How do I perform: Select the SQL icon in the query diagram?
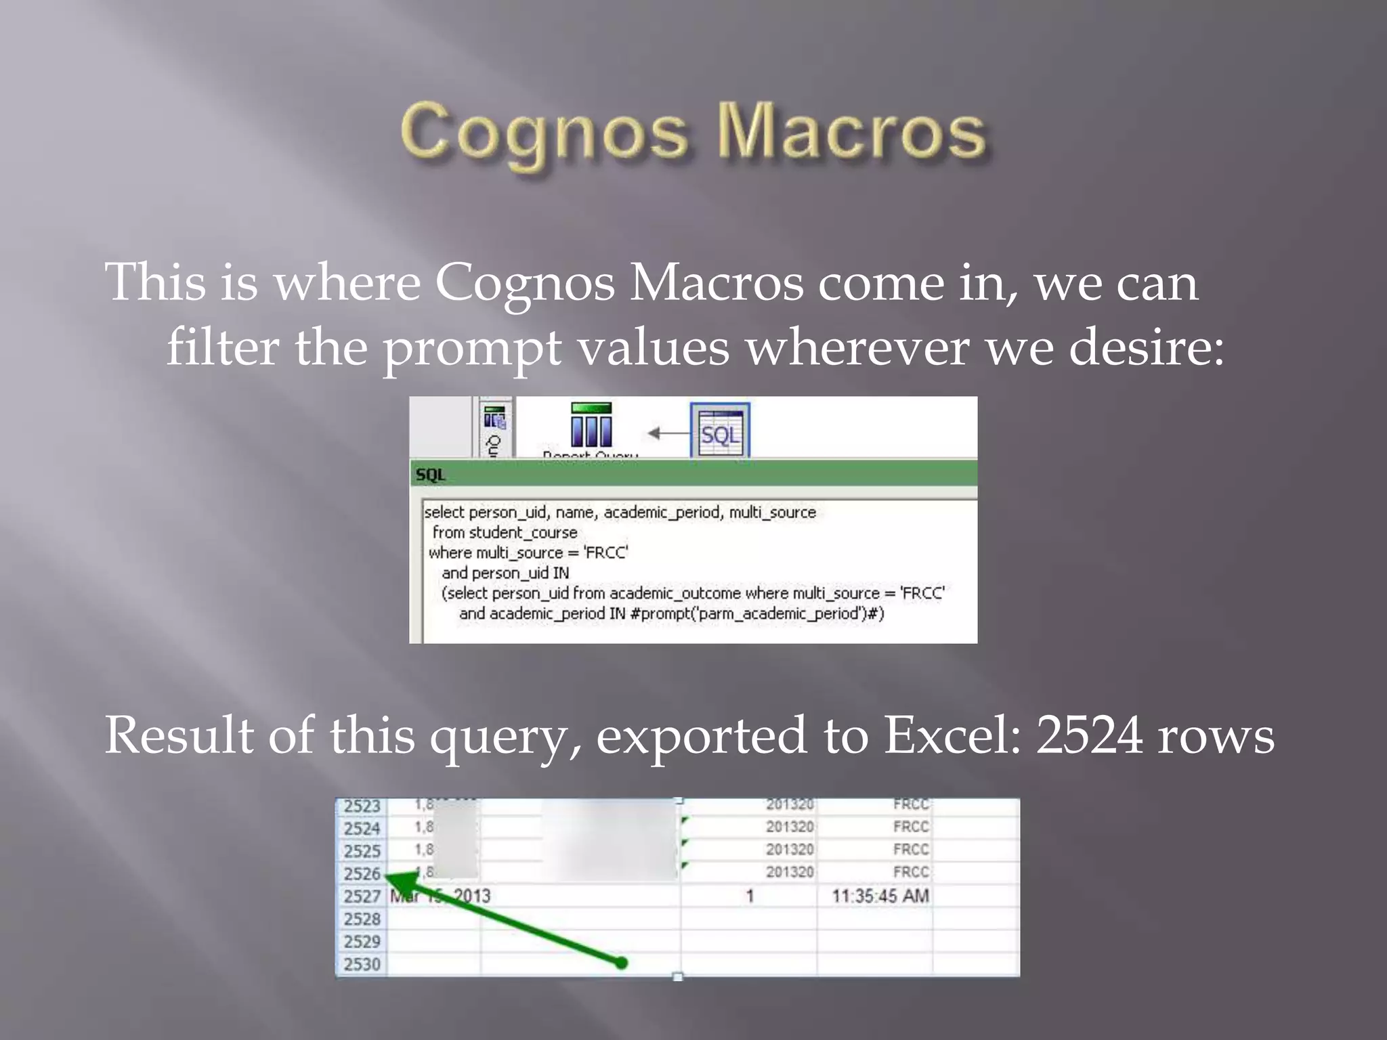tap(720, 431)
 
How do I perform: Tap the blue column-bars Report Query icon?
tap(591, 427)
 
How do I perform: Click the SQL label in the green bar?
tap(431, 475)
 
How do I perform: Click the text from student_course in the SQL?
tap(505, 533)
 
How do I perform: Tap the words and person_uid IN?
tap(505, 573)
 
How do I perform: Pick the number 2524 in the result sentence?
tap(1089, 736)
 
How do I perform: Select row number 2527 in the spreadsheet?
tap(362, 896)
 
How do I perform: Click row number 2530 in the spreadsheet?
tap(362, 964)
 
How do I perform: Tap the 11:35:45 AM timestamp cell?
tap(880, 896)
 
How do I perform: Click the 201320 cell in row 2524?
tap(790, 827)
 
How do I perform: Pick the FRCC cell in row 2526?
tap(910, 872)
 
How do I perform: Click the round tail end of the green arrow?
tap(620, 962)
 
